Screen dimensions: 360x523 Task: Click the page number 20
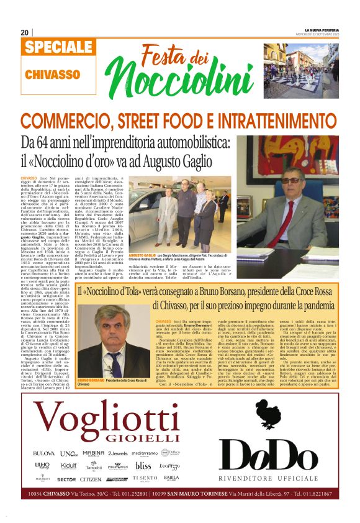(25, 32)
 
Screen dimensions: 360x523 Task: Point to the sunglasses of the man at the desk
(290, 180)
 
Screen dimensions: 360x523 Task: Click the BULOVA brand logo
(44, 454)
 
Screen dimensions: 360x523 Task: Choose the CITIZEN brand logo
(91, 480)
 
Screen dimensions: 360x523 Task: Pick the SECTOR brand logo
(66, 480)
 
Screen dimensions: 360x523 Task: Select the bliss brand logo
(143, 465)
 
